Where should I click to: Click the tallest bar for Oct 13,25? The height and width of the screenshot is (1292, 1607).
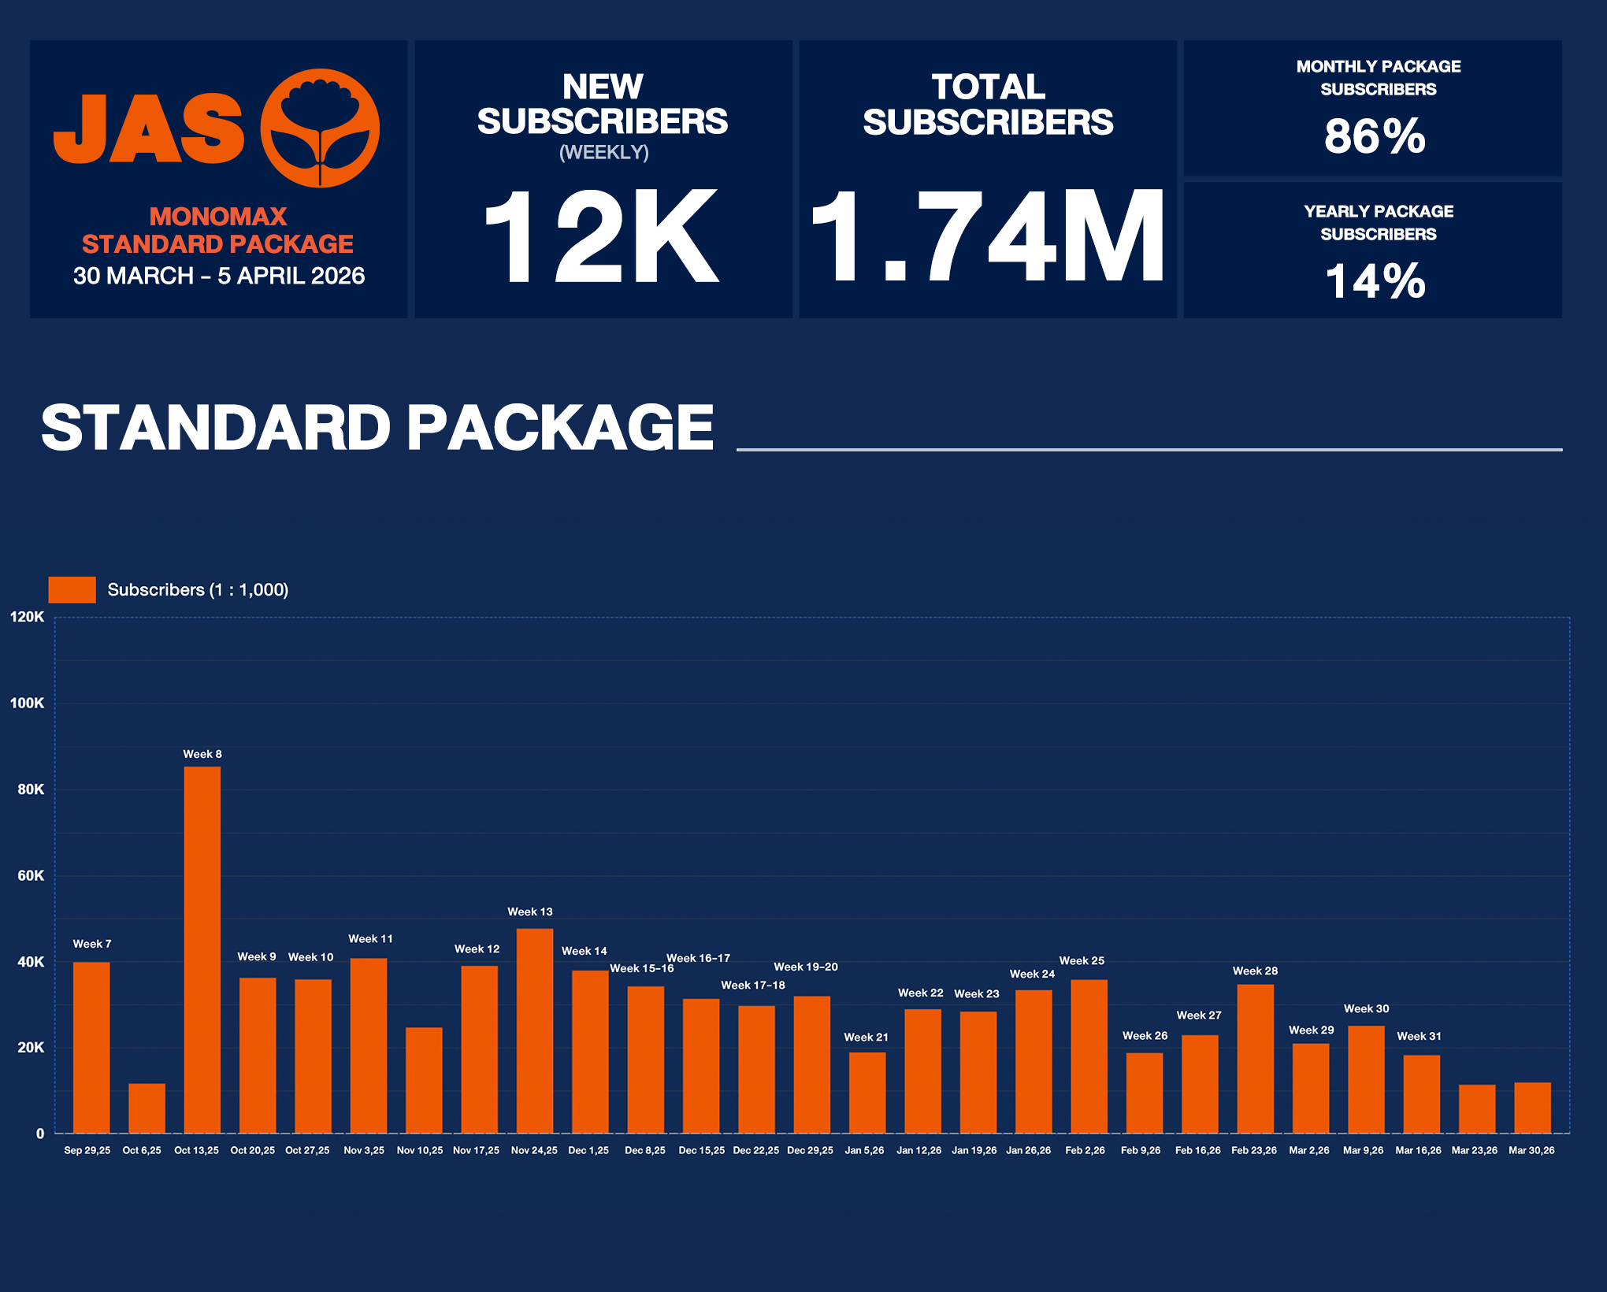pyautogui.click(x=202, y=949)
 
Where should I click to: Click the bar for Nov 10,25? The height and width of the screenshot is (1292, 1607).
pyautogui.click(x=424, y=1080)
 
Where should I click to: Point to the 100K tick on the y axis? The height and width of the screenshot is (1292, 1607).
pyautogui.click(x=28, y=704)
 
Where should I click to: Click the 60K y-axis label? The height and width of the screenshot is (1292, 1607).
pyautogui.click(x=31, y=876)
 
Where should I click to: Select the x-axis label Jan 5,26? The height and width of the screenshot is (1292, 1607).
pyautogui.click(x=864, y=1151)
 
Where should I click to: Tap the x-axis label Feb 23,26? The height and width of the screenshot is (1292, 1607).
pyautogui.click(x=1254, y=1151)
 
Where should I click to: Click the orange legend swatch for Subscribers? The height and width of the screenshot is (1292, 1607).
pyautogui.click(x=72, y=590)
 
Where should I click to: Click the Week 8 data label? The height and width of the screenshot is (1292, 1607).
pyautogui.click(x=202, y=755)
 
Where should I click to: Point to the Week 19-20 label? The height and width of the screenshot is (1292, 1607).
pyautogui.click(x=806, y=967)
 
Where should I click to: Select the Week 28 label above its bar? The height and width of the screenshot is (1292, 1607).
pyautogui.click(x=1255, y=971)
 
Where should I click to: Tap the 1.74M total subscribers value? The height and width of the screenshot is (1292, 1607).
pyautogui.click(x=988, y=236)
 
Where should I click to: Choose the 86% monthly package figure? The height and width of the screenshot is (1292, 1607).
pyautogui.click(x=1375, y=136)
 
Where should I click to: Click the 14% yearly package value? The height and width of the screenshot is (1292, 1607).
pyautogui.click(x=1375, y=281)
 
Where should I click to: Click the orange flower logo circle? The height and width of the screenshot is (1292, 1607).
pyautogui.click(x=320, y=128)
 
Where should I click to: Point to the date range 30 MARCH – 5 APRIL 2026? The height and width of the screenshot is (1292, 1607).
pyautogui.click(x=219, y=277)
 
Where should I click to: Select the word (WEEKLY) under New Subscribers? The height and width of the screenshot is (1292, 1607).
pyautogui.click(x=604, y=153)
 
